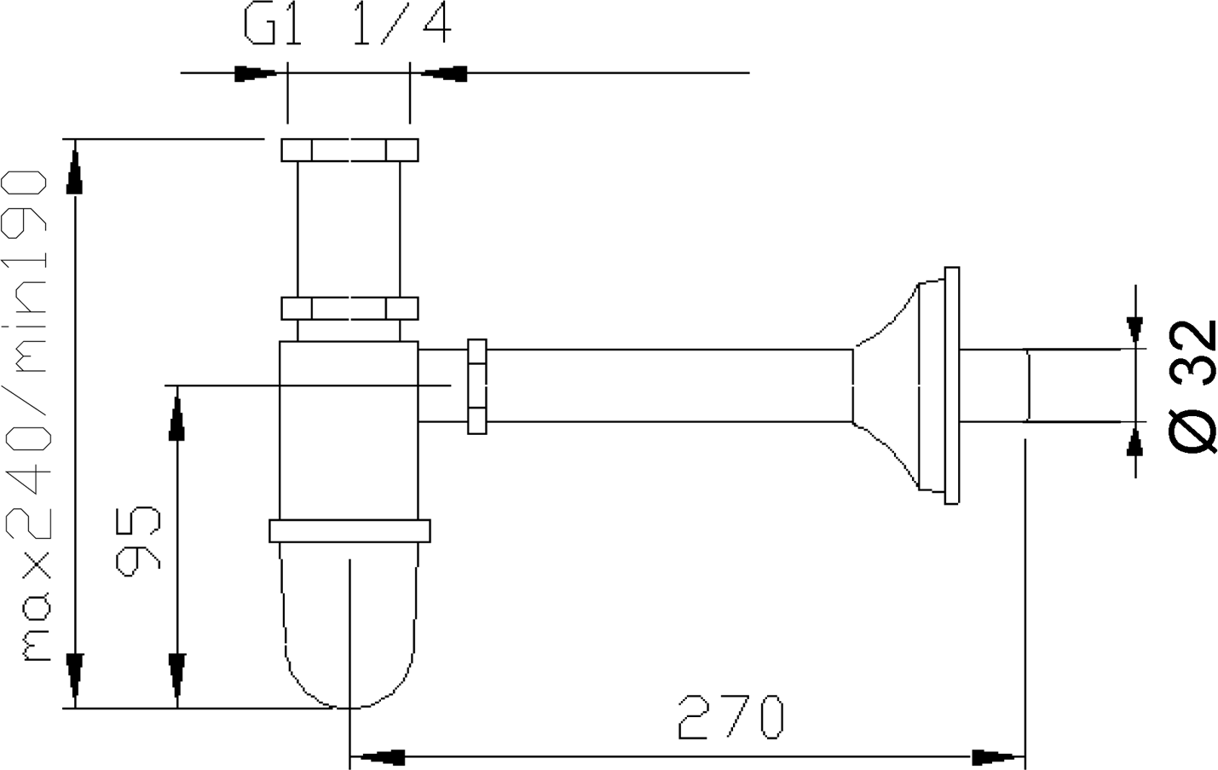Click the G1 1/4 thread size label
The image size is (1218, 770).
tap(348, 23)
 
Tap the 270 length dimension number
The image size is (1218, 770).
tap(730, 716)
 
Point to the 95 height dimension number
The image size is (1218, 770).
tap(138, 541)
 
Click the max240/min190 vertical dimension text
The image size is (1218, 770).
tap(26, 416)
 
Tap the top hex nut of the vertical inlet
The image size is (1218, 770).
tap(349, 150)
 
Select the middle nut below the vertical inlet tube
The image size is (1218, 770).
tap(349, 309)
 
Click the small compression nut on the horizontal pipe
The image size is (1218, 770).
tap(476, 386)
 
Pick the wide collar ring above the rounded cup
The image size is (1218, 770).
tap(349, 531)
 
